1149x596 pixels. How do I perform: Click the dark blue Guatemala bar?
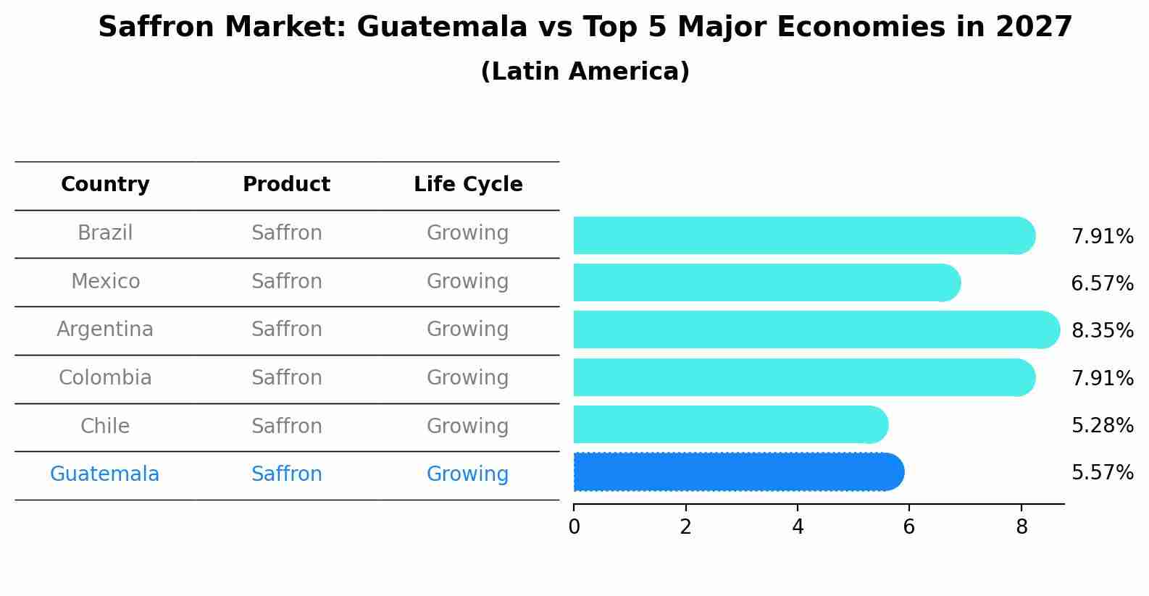tap(738, 472)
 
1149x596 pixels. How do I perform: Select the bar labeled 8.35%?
tap(815, 330)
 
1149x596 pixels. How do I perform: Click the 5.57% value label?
tap(1102, 473)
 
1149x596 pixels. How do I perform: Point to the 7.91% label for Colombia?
tap(1102, 378)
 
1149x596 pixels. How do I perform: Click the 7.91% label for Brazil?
tap(1102, 237)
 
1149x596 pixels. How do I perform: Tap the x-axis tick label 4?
tap(798, 527)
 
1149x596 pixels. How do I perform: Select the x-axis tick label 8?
tap(1021, 527)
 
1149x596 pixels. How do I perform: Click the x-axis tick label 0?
tap(574, 527)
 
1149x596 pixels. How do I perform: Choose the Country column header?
tap(105, 185)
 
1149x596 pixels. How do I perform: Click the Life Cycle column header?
tap(468, 185)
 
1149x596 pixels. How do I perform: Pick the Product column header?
tap(286, 185)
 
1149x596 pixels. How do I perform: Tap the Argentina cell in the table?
tap(105, 330)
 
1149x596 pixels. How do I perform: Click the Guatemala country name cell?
tap(104, 474)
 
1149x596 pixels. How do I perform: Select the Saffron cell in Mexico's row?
tap(286, 281)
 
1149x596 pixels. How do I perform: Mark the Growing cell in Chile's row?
tap(467, 426)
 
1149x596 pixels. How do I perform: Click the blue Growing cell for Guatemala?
tap(467, 474)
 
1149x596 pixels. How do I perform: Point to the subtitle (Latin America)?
tap(585, 72)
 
